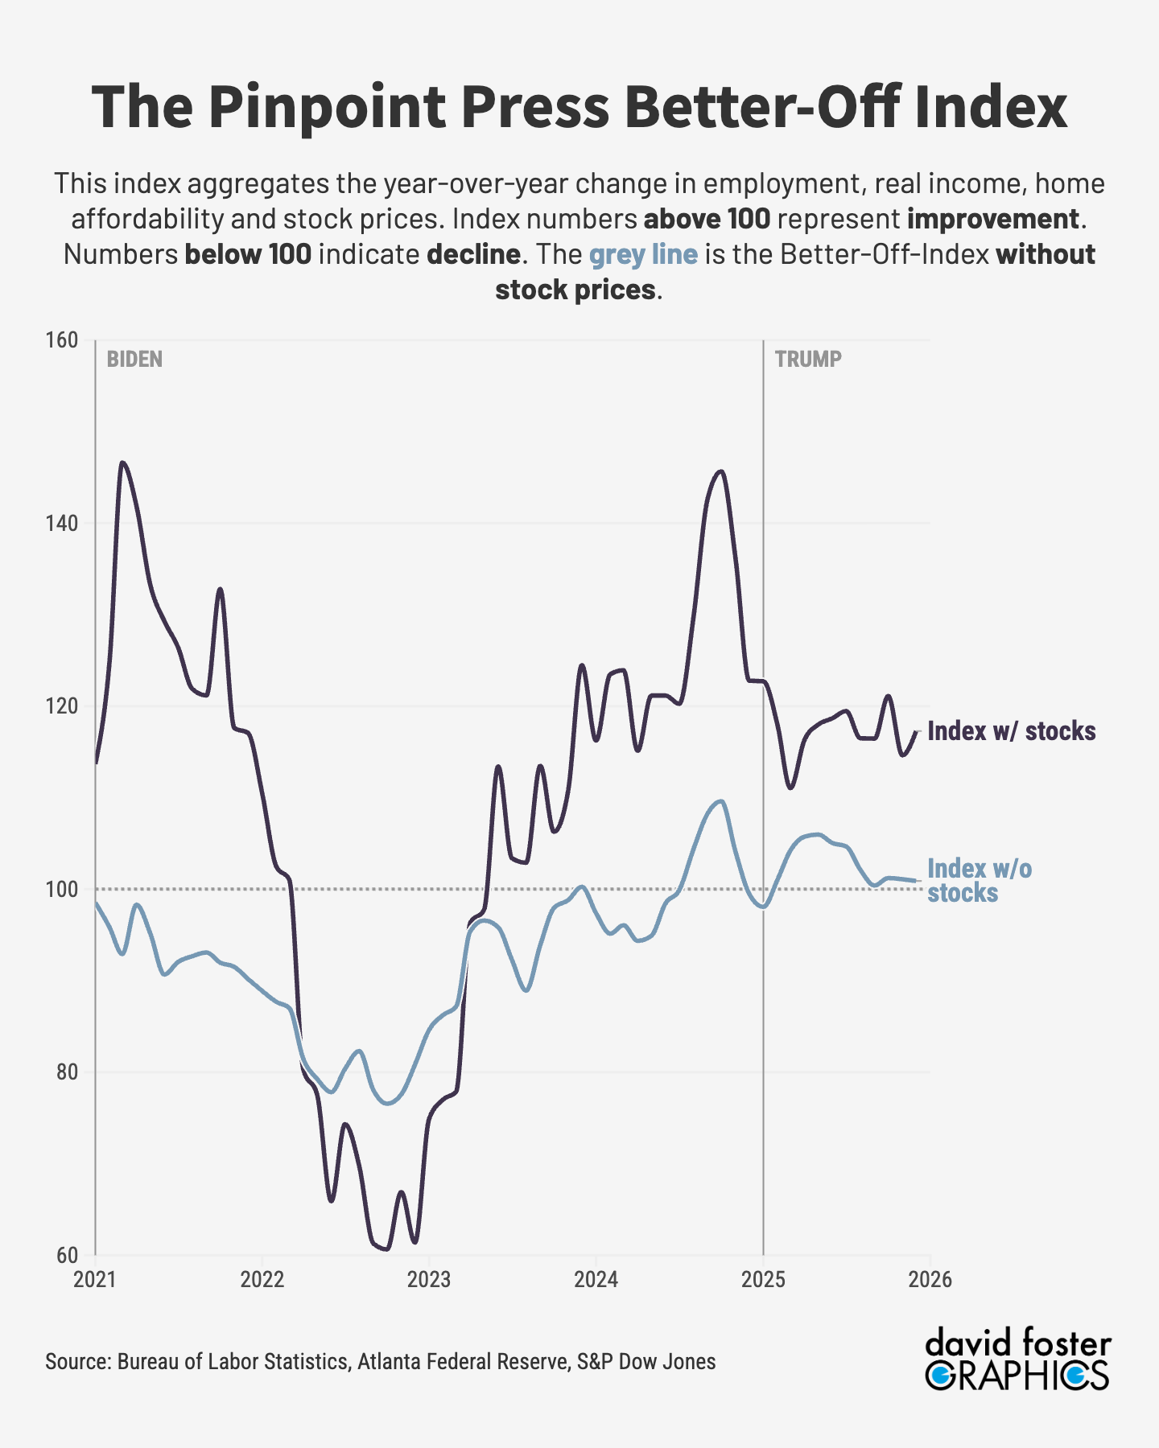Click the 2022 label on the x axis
(x=262, y=1280)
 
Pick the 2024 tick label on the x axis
(x=596, y=1280)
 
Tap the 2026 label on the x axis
(x=930, y=1280)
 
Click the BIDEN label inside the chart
(x=134, y=360)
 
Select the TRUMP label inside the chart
(x=808, y=360)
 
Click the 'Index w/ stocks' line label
(x=1011, y=731)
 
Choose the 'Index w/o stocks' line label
(x=979, y=881)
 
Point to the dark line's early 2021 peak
(x=122, y=463)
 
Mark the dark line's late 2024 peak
(x=720, y=471)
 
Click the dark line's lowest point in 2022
(x=386, y=1249)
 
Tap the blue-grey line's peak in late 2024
(x=720, y=801)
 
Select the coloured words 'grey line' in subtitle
(x=643, y=254)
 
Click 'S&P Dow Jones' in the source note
(x=645, y=1362)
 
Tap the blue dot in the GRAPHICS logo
(x=1074, y=1375)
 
